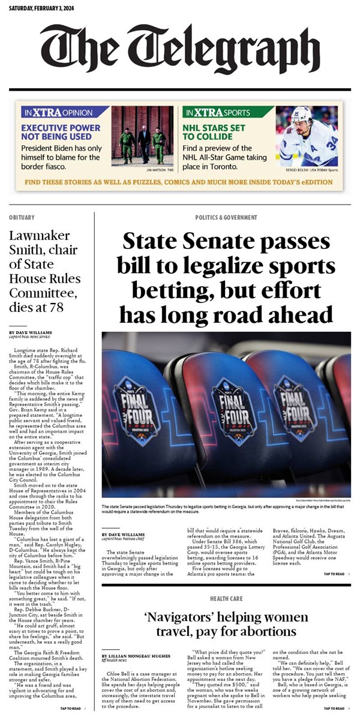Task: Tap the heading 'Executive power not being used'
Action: coord(61,131)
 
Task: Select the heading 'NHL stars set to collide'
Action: coord(215,131)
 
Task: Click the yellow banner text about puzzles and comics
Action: coord(179,181)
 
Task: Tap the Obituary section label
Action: coord(22,217)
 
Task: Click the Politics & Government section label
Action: coord(226,217)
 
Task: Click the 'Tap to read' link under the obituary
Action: coord(72,708)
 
